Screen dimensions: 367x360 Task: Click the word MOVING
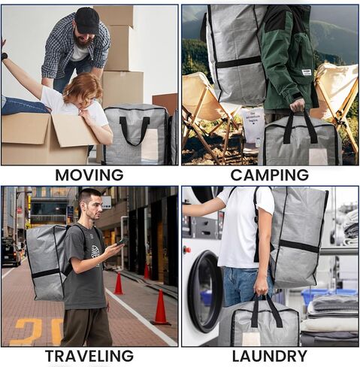click(89, 174)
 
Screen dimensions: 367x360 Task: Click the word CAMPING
click(270, 174)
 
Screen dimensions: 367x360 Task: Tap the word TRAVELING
click(89, 356)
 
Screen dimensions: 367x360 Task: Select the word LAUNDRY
click(270, 356)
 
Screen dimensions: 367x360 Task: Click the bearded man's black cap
click(86, 20)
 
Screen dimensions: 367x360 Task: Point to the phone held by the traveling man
click(123, 241)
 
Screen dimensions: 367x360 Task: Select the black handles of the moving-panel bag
click(135, 128)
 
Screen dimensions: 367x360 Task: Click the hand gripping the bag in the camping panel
click(298, 105)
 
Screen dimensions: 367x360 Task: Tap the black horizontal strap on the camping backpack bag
click(239, 62)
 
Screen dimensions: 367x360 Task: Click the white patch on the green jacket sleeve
click(307, 72)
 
